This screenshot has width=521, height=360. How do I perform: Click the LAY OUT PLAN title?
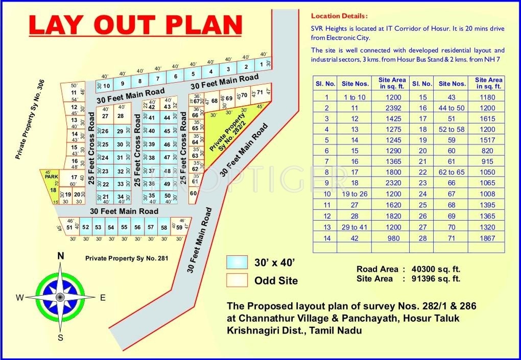[135, 26]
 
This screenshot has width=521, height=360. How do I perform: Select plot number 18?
[53, 190]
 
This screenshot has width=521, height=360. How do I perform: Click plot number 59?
[179, 227]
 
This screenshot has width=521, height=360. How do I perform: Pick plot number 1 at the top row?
[261, 64]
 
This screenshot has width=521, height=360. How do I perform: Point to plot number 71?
[259, 92]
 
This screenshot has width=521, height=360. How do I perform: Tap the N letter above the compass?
[60, 256]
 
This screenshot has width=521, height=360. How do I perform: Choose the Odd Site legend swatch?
[236, 280]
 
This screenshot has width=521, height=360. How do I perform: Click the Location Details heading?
[339, 16]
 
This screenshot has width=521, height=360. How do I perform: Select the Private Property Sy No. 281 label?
[127, 258]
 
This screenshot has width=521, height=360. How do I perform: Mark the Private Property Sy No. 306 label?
[30, 119]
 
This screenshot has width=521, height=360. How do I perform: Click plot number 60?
[193, 194]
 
